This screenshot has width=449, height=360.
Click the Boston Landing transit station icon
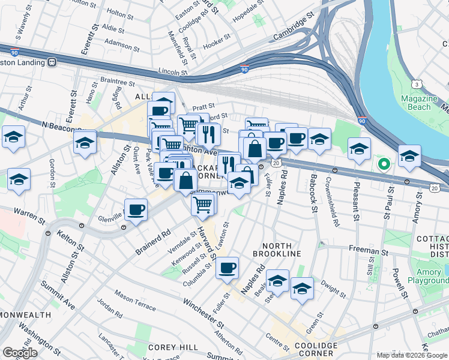52,62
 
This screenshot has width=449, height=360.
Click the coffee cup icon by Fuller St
227,268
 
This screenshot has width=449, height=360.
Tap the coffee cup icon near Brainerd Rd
136,210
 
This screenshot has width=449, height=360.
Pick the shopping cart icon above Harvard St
203,205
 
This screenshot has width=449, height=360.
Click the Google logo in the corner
20,353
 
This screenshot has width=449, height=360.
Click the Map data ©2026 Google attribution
411,355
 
